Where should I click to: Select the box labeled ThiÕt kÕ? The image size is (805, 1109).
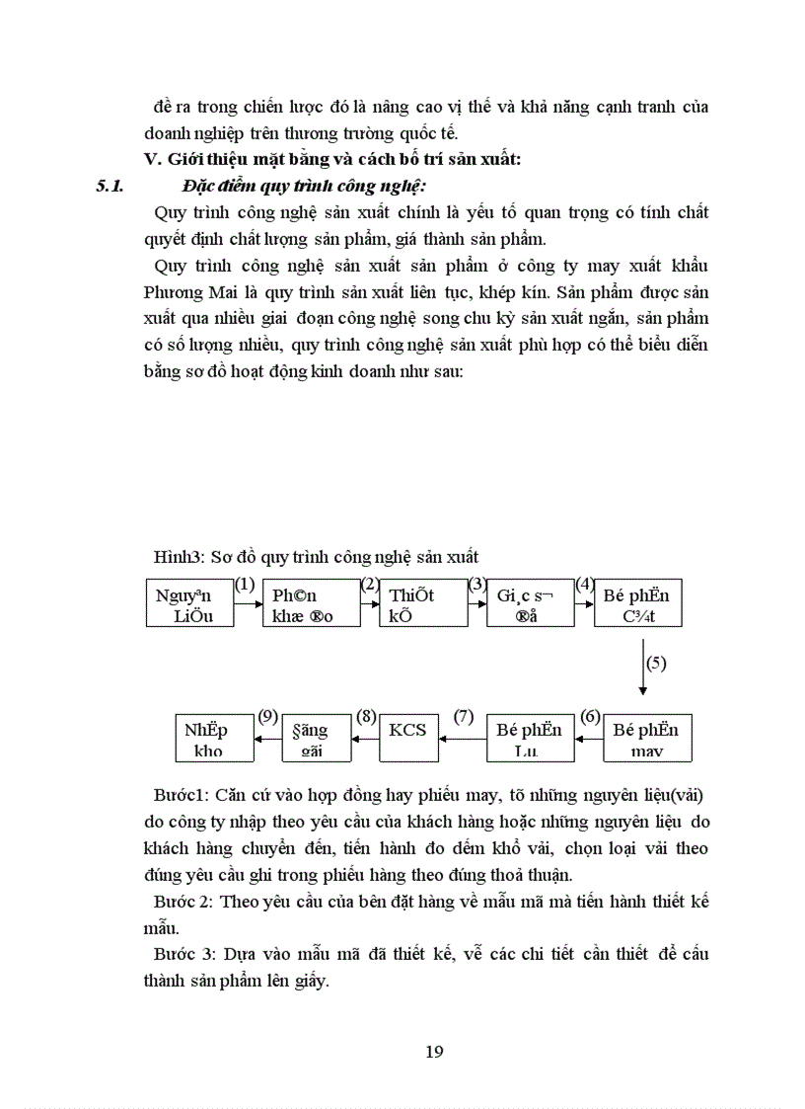point(423,603)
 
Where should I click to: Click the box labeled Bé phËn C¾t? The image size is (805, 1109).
point(638,603)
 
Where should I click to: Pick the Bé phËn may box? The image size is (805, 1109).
point(647,738)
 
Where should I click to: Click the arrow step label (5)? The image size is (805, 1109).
point(657,663)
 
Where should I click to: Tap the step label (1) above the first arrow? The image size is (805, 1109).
point(245,584)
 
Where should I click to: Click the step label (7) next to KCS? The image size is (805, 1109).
point(464,717)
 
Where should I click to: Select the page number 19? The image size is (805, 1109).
point(434,1051)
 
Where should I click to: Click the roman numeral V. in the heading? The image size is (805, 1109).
point(153,159)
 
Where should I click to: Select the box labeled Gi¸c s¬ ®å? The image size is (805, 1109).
point(530,603)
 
